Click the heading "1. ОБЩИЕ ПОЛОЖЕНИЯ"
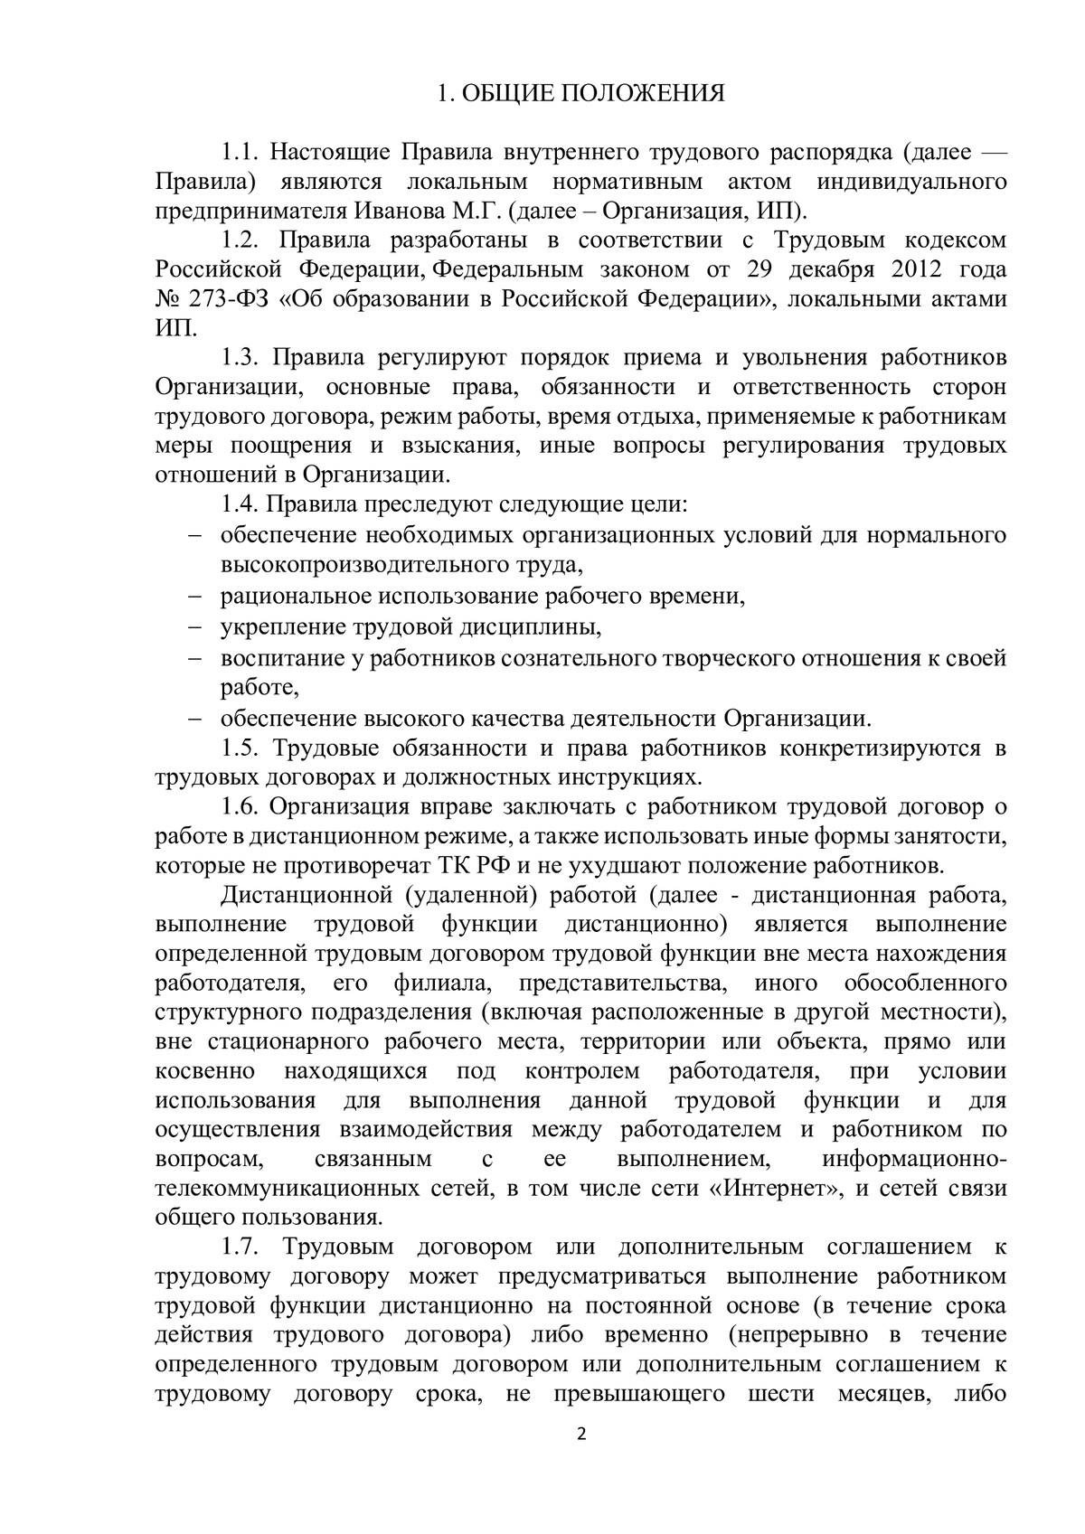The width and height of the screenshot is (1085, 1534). (580, 94)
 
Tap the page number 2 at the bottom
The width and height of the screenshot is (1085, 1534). (581, 1458)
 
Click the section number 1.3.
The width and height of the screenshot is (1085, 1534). (241, 358)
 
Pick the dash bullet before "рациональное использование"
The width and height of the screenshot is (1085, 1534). (196, 597)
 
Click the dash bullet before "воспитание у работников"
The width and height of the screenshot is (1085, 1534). (196, 657)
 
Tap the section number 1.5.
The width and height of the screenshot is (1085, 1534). (241, 748)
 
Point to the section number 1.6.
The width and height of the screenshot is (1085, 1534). (241, 807)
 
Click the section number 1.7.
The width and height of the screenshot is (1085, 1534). (241, 1247)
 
